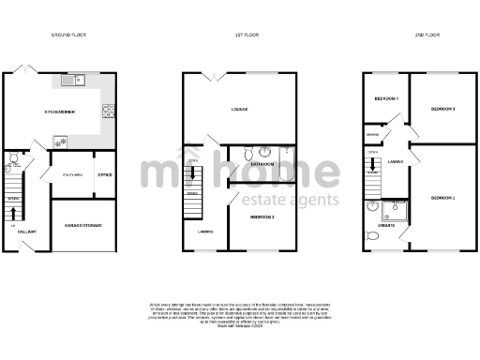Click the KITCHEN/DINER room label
click(x=59, y=112)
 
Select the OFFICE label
click(x=104, y=175)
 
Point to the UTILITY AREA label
click(x=73, y=175)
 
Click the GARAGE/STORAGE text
click(x=82, y=226)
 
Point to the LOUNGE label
click(x=239, y=110)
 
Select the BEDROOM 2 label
click(x=262, y=217)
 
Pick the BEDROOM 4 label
click(x=386, y=99)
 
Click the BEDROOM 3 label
click(x=442, y=110)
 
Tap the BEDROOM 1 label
click(x=442, y=199)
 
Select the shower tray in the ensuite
click(x=399, y=210)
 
